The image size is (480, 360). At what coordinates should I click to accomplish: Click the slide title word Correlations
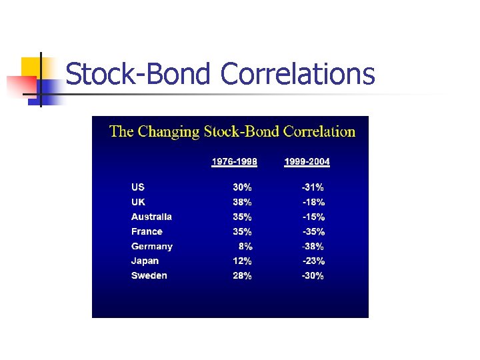click(297, 74)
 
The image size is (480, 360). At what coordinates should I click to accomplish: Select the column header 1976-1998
click(235, 162)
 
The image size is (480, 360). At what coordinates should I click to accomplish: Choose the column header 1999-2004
click(307, 162)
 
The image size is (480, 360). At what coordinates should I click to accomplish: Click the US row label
click(138, 187)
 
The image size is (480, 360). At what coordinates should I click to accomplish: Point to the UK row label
click(138, 202)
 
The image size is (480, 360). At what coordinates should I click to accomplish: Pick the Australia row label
click(151, 217)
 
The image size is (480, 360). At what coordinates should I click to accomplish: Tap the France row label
click(147, 232)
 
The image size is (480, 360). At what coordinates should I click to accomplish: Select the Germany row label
click(152, 247)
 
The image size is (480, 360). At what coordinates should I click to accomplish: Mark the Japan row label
click(145, 261)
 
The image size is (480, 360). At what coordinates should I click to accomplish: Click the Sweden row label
click(149, 276)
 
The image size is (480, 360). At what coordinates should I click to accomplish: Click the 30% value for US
click(242, 187)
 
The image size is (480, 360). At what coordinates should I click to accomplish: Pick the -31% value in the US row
click(313, 187)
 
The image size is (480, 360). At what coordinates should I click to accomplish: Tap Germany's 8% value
click(245, 247)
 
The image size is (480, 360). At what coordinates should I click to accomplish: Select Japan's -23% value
click(313, 261)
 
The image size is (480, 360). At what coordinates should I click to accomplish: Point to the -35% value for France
click(313, 232)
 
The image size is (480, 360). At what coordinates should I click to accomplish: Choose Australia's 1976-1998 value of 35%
click(242, 217)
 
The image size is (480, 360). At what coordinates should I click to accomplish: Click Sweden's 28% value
click(242, 276)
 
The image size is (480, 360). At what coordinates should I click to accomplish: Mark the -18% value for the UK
click(313, 202)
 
